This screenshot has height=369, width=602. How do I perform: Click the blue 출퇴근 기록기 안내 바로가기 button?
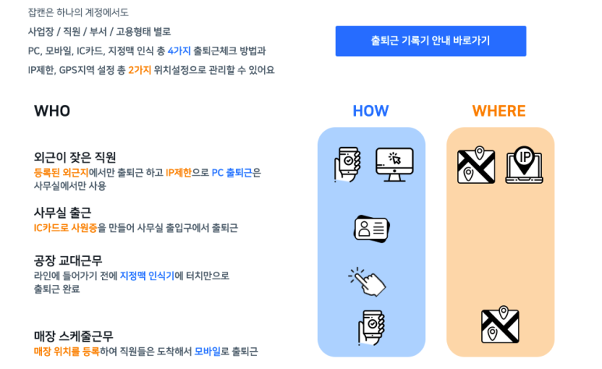(x=431, y=41)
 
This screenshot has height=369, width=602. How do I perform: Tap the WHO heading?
(x=52, y=111)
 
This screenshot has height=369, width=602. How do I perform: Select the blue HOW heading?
(x=371, y=111)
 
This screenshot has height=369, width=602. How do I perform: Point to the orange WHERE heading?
(x=499, y=111)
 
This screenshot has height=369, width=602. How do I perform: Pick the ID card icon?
(x=371, y=227)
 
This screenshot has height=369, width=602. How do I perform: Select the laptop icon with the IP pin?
(x=524, y=164)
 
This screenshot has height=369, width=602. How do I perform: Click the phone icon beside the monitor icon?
(x=347, y=163)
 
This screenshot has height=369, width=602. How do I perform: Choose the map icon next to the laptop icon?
(x=476, y=164)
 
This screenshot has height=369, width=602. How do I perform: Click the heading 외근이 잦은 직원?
(x=75, y=156)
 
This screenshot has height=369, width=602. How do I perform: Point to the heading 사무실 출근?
(x=62, y=212)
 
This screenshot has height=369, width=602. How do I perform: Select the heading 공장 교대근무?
(x=68, y=260)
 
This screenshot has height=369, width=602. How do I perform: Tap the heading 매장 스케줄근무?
(x=73, y=336)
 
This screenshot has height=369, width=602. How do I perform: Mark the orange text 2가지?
(x=139, y=70)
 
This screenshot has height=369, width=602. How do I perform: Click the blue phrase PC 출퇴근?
(x=232, y=172)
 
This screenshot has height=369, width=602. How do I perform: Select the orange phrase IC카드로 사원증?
(x=65, y=228)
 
